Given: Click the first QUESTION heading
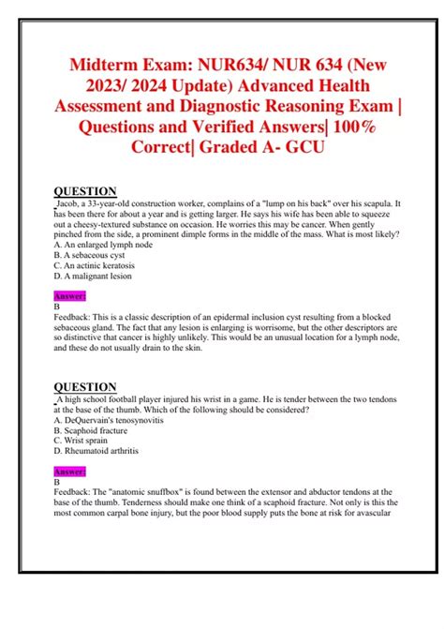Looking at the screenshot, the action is click(x=85, y=191).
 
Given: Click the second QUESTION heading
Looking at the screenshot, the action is click(x=85, y=387).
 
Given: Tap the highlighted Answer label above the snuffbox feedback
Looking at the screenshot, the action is click(x=70, y=471).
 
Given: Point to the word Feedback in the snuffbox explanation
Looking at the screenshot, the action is click(x=75, y=492).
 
